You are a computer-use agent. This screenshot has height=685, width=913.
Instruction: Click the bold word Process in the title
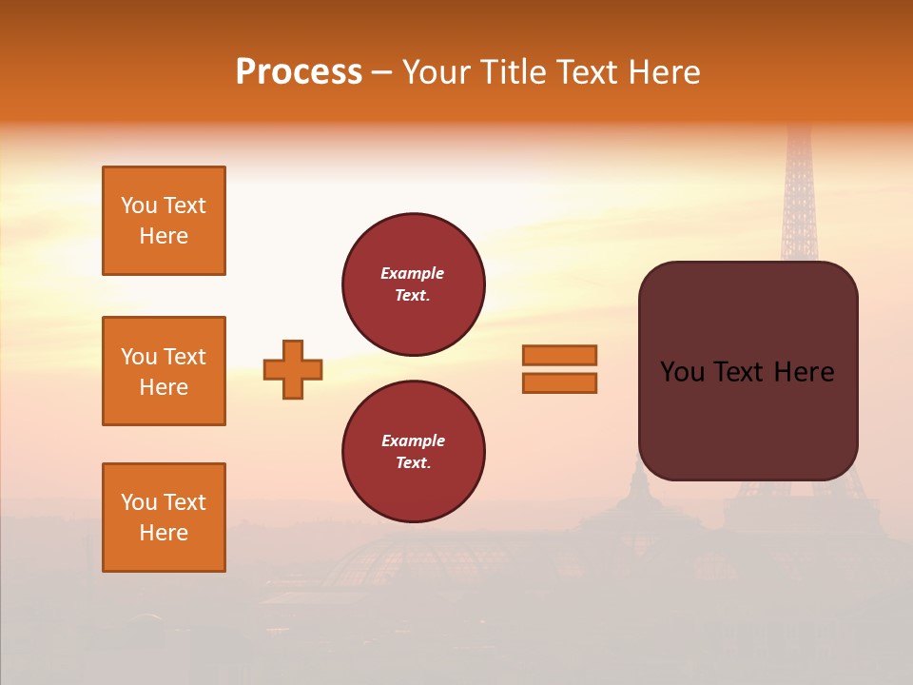point(299,72)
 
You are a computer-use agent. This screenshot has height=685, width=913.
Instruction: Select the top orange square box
point(164,221)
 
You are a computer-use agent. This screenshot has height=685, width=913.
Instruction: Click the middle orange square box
point(164,371)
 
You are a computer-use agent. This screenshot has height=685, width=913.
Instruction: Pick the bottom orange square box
point(164,518)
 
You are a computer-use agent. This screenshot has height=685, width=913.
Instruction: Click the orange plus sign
point(293,369)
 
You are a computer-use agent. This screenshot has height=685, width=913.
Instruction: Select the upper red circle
point(413,284)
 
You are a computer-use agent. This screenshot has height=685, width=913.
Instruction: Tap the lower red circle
point(413,452)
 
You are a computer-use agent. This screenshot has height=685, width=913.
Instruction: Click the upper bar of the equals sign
point(559,355)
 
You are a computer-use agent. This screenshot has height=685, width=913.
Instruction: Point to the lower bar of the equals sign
point(559,382)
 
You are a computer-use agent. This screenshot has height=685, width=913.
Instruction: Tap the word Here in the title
point(667,72)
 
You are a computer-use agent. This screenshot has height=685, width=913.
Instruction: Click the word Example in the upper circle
point(413,273)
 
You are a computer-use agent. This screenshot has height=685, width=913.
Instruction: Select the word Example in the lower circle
point(413,440)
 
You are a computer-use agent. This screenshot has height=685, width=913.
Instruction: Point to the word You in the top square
point(139,205)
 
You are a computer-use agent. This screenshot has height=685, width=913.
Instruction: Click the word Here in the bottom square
point(164,533)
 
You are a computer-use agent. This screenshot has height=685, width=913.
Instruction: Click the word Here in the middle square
point(164,387)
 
